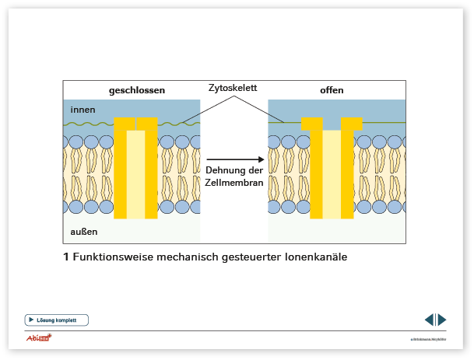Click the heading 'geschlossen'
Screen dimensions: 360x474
pos(136,90)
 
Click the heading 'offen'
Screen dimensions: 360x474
pos(332,90)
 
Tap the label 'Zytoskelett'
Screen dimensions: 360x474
pos(233,88)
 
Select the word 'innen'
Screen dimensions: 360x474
pos(82,108)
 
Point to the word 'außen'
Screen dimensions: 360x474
pos(83,231)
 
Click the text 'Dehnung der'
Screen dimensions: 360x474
pos(233,170)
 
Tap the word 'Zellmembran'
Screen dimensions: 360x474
pos(233,182)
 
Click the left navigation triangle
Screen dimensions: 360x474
pos(430,320)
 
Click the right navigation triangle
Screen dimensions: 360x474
pos(442,320)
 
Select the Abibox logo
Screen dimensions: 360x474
pos(40,337)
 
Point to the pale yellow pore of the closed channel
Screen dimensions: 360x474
pos(135,174)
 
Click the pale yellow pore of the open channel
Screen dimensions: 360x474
pos(332,174)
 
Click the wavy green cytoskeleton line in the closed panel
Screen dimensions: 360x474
pos(90,124)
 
